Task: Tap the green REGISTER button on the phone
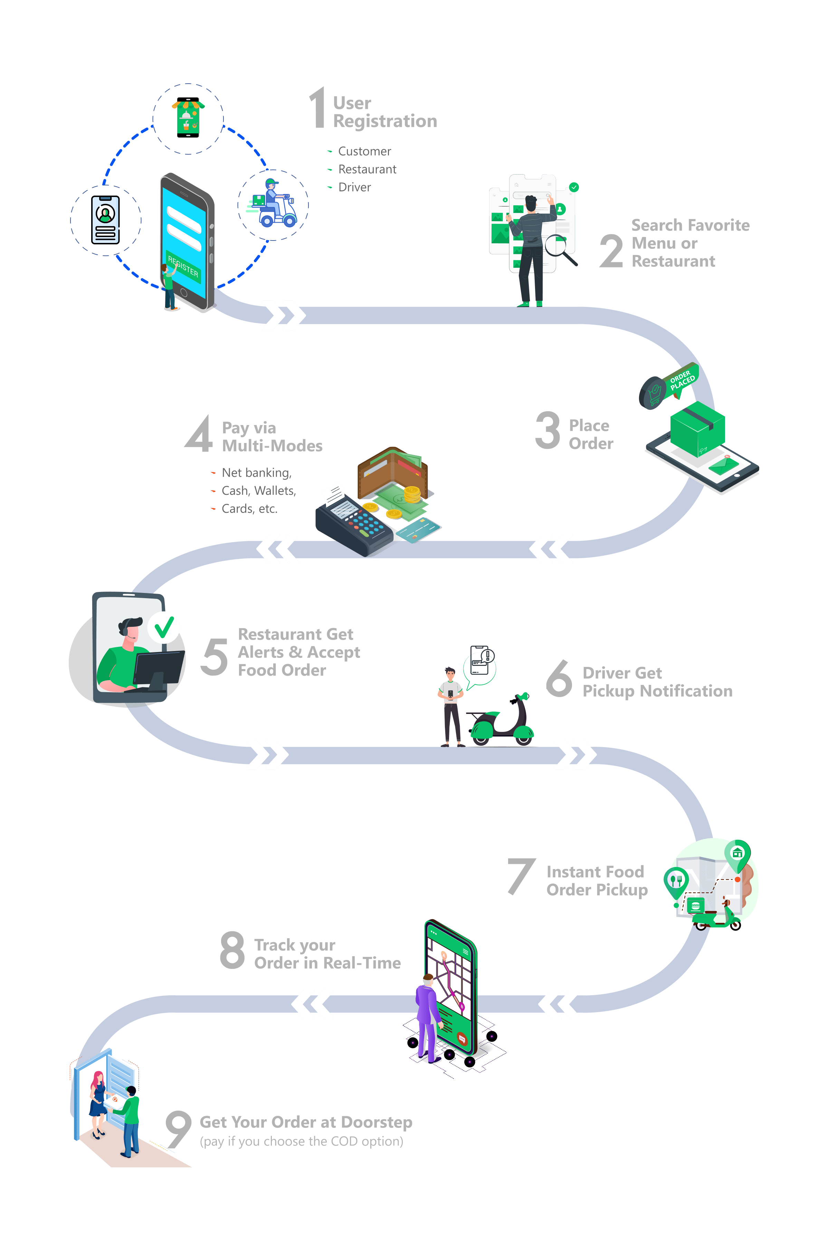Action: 183,266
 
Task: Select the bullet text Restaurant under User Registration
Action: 367,169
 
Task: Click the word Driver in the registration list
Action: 354,187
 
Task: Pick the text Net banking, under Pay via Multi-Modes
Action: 256,473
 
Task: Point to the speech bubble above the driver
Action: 479,666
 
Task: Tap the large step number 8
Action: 232,951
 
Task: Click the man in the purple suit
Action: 428,1017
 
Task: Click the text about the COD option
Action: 301,1141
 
